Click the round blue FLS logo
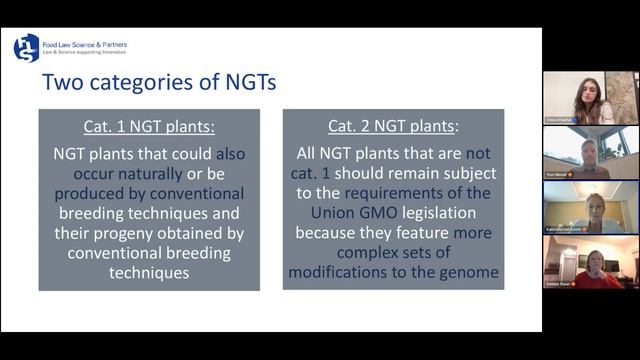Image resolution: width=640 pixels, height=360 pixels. point(26,47)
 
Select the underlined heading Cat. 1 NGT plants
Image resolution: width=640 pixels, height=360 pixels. point(149,127)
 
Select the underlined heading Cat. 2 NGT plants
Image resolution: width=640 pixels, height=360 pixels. point(393,127)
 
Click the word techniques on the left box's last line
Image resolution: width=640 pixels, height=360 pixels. point(149,272)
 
